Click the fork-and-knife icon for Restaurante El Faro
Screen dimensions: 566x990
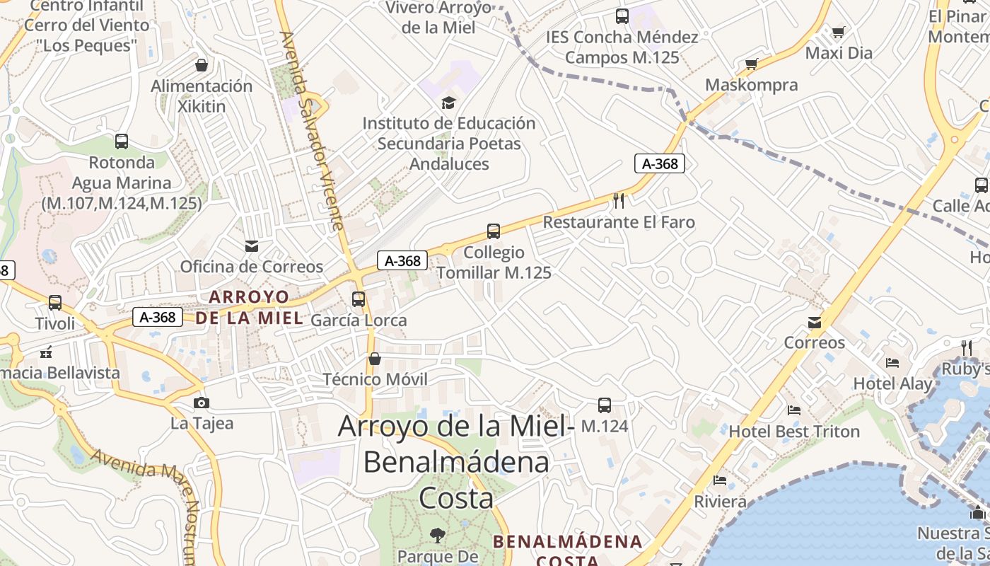(x=619, y=201)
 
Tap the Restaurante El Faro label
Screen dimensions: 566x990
(x=619, y=222)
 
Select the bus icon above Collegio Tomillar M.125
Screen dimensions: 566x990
(x=494, y=231)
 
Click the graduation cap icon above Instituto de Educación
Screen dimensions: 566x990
(x=448, y=103)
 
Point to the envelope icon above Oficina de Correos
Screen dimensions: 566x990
(x=251, y=246)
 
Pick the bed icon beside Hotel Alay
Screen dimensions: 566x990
(x=892, y=363)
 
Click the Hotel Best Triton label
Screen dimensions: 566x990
(x=794, y=432)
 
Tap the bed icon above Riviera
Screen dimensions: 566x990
(x=720, y=480)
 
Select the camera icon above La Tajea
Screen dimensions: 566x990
(x=202, y=403)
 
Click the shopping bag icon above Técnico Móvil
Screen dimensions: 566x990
(x=375, y=359)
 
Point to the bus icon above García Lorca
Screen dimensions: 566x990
(x=359, y=299)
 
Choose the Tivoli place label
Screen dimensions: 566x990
(x=55, y=323)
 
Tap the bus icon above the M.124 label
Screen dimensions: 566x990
(x=605, y=405)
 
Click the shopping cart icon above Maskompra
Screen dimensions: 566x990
(x=751, y=64)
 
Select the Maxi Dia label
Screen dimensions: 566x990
(x=839, y=53)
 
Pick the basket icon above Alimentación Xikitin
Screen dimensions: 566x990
(x=202, y=65)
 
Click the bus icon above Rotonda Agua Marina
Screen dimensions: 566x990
(x=122, y=141)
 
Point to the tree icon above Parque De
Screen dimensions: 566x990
(x=438, y=535)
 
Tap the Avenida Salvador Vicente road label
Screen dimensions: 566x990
(x=310, y=131)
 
